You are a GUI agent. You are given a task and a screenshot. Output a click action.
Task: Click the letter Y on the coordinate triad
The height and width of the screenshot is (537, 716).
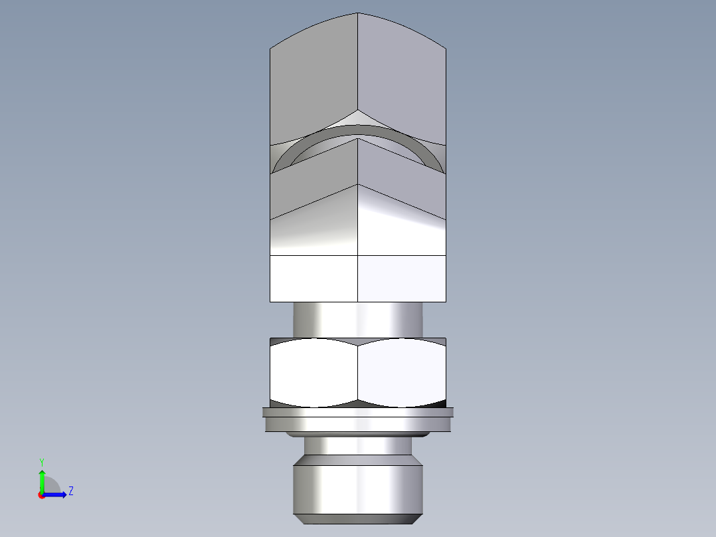pyautogui.click(x=41, y=461)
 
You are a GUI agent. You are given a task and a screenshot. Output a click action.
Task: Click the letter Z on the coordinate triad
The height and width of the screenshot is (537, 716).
pyautogui.click(x=70, y=491)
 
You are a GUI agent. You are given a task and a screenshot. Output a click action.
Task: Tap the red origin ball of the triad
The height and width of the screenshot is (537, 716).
pyautogui.click(x=42, y=495)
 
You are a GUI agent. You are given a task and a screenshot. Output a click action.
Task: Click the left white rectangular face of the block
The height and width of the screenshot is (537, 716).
pyautogui.click(x=313, y=278)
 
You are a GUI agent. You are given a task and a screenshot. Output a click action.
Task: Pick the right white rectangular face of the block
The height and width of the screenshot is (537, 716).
pyautogui.click(x=401, y=278)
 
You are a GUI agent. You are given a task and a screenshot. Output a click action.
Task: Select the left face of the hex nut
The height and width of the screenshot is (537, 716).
pyautogui.click(x=313, y=373)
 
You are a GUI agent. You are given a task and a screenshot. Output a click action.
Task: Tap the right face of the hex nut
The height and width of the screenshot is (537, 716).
pyautogui.click(x=401, y=373)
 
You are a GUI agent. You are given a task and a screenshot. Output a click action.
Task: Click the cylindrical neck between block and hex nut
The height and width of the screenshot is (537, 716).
pyautogui.click(x=357, y=320)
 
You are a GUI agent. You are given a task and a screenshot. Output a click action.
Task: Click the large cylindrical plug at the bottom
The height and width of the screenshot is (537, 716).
pyautogui.click(x=357, y=490)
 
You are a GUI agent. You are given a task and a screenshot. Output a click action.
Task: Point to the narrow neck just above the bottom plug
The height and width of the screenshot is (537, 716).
pyautogui.click(x=357, y=445)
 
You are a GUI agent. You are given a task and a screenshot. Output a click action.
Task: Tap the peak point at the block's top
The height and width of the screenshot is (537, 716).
pyautogui.click(x=358, y=13)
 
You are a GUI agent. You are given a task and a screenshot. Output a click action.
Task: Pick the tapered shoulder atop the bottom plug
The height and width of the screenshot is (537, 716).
pyautogui.click(x=357, y=459)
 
